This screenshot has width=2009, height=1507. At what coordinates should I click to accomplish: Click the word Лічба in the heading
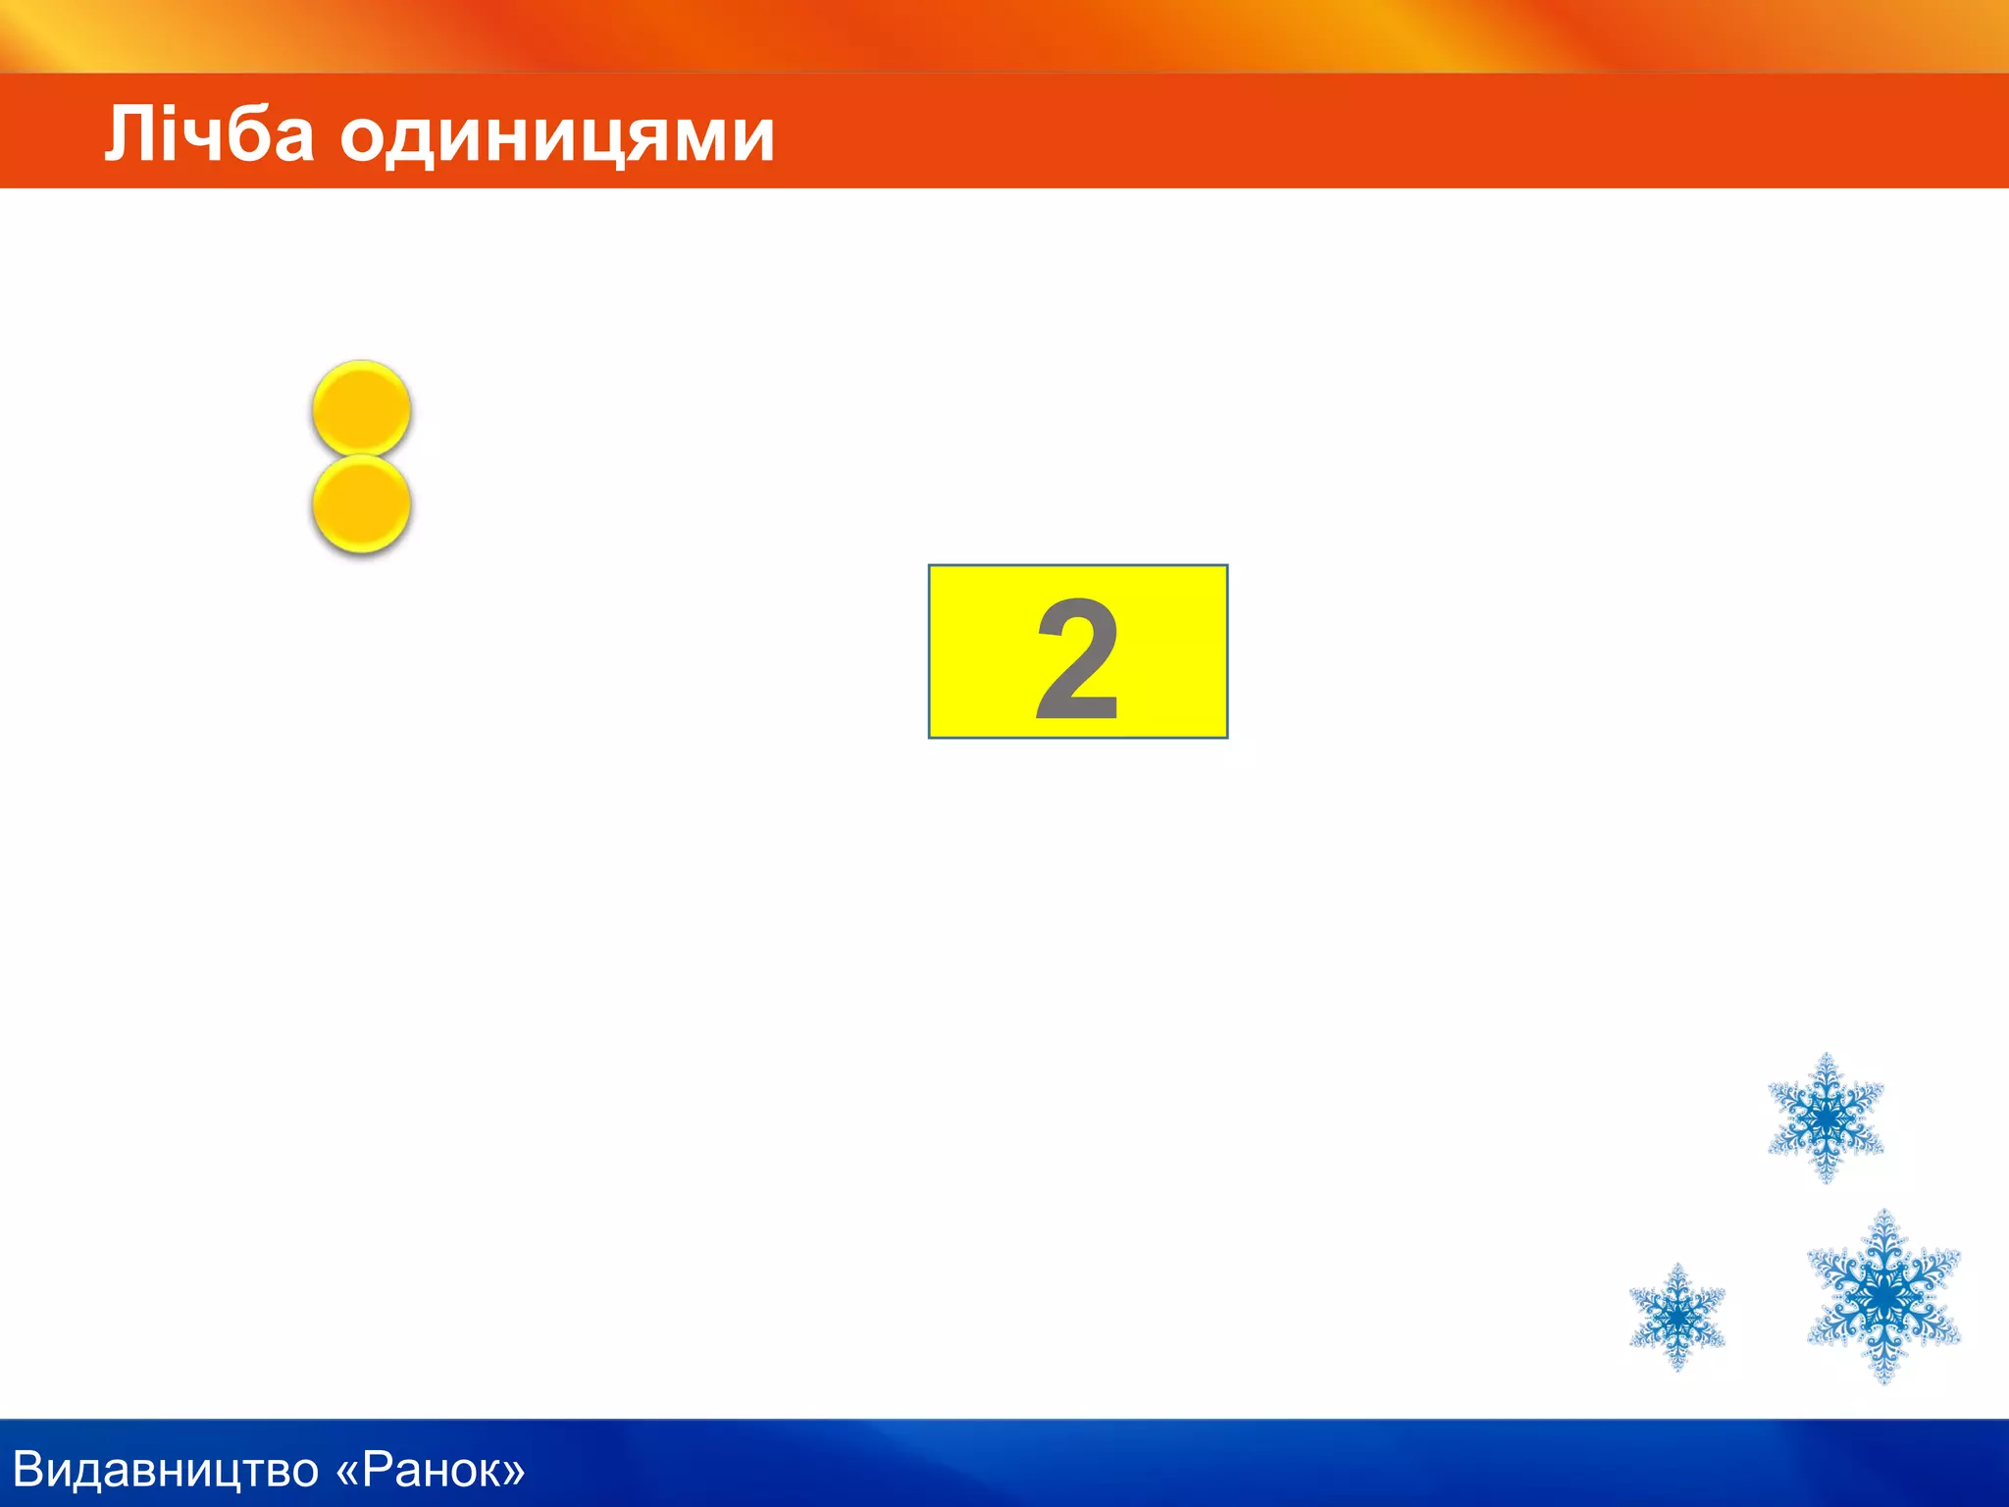point(209,133)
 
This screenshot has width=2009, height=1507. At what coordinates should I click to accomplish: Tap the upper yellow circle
point(361,407)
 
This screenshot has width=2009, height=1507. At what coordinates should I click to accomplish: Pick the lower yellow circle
point(361,503)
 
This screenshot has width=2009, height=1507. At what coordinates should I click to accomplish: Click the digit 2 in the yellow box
point(1077,658)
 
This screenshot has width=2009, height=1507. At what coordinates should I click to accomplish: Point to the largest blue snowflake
point(1883,1296)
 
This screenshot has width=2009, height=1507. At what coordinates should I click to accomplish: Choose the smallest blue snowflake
point(1677,1317)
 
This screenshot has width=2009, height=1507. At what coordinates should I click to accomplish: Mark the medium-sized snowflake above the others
point(1826,1117)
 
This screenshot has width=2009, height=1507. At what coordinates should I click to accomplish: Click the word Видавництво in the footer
point(166,1470)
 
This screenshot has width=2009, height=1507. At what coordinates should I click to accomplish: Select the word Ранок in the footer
point(429,1470)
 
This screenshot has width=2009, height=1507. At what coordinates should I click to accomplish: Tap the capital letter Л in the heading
point(129,133)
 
